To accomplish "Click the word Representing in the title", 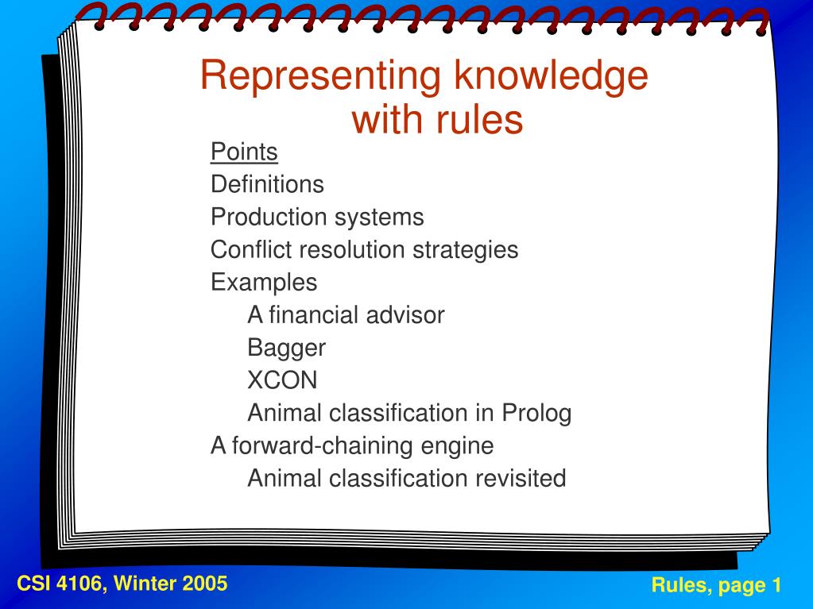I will pyautogui.click(x=321, y=76).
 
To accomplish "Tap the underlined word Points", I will pyautogui.click(x=244, y=151).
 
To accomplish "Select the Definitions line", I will pyautogui.click(x=267, y=184).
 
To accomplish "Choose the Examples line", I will pyautogui.click(x=264, y=282).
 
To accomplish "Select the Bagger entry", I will pyautogui.click(x=287, y=348).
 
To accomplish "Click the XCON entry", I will pyautogui.click(x=282, y=380).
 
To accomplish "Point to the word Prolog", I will pyautogui.click(x=536, y=413).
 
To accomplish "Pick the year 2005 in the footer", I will pyautogui.click(x=205, y=584).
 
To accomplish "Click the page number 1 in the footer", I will pyautogui.click(x=776, y=586).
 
